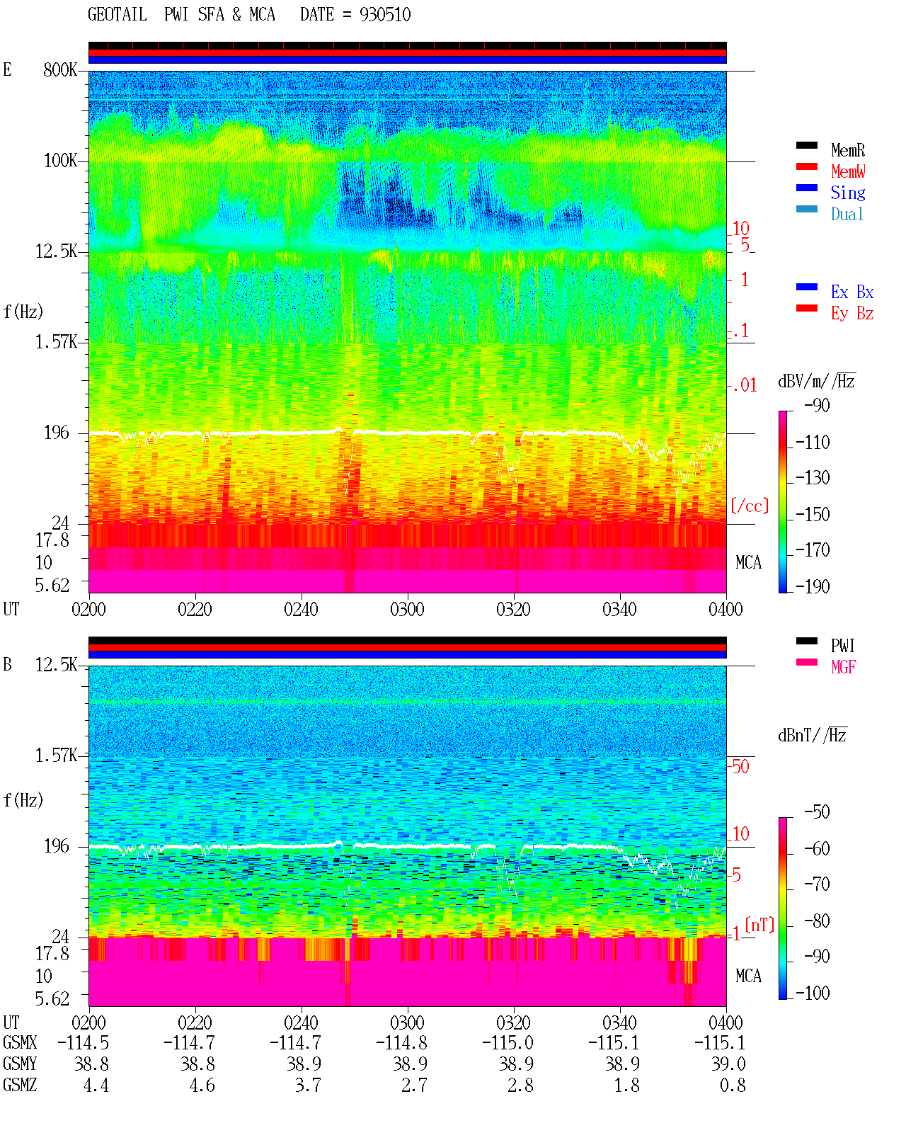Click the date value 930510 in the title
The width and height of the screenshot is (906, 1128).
pyautogui.click(x=384, y=15)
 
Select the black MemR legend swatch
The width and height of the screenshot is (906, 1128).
pyautogui.click(x=806, y=146)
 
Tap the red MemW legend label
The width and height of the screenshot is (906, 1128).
pyautogui.click(x=848, y=171)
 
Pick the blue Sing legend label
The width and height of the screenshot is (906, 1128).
pyautogui.click(x=847, y=193)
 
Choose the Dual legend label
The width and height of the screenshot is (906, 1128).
pyautogui.click(x=847, y=214)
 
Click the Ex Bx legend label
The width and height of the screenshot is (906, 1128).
pyautogui.click(x=851, y=292)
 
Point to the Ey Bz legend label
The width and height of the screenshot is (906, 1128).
pyautogui.click(x=851, y=314)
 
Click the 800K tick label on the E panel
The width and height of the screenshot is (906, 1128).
pyautogui.click(x=60, y=69)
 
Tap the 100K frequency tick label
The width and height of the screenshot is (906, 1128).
pyautogui.click(x=60, y=161)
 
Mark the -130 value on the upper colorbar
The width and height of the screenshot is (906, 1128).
pyautogui.click(x=813, y=478)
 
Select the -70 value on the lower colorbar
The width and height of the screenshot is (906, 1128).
pyautogui.click(x=817, y=884)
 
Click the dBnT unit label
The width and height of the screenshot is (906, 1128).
pyautogui.click(x=813, y=736)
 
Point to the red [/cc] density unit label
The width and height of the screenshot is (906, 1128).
pyautogui.click(x=750, y=506)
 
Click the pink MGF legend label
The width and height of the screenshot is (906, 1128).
pyautogui.click(x=843, y=667)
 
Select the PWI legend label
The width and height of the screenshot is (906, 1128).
pyautogui.click(x=842, y=646)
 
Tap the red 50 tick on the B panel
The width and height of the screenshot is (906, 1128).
pyautogui.click(x=740, y=767)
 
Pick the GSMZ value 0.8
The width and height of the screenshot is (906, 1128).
pyautogui.click(x=733, y=1085)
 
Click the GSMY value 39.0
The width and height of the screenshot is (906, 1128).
pyautogui.click(x=728, y=1064)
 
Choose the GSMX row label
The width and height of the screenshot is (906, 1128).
pyautogui.click(x=20, y=1042)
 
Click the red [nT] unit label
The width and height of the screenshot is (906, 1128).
pyautogui.click(x=759, y=925)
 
